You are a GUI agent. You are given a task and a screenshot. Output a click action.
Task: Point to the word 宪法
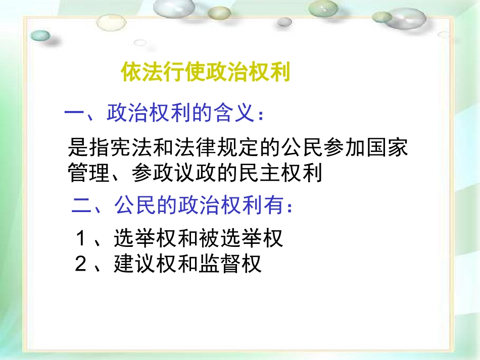(x=121, y=147)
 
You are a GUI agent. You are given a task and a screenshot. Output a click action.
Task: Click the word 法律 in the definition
(x=185, y=147)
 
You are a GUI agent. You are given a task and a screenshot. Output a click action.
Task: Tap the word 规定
(x=228, y=147)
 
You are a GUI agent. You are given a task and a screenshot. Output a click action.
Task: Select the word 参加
(x=334, y=147)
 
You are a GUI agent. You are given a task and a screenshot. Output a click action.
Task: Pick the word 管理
(x=89, y=173)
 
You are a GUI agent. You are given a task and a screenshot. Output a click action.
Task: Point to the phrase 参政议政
(x=174, y=173)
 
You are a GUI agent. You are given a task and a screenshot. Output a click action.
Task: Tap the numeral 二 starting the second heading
(x=82, y=207)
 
